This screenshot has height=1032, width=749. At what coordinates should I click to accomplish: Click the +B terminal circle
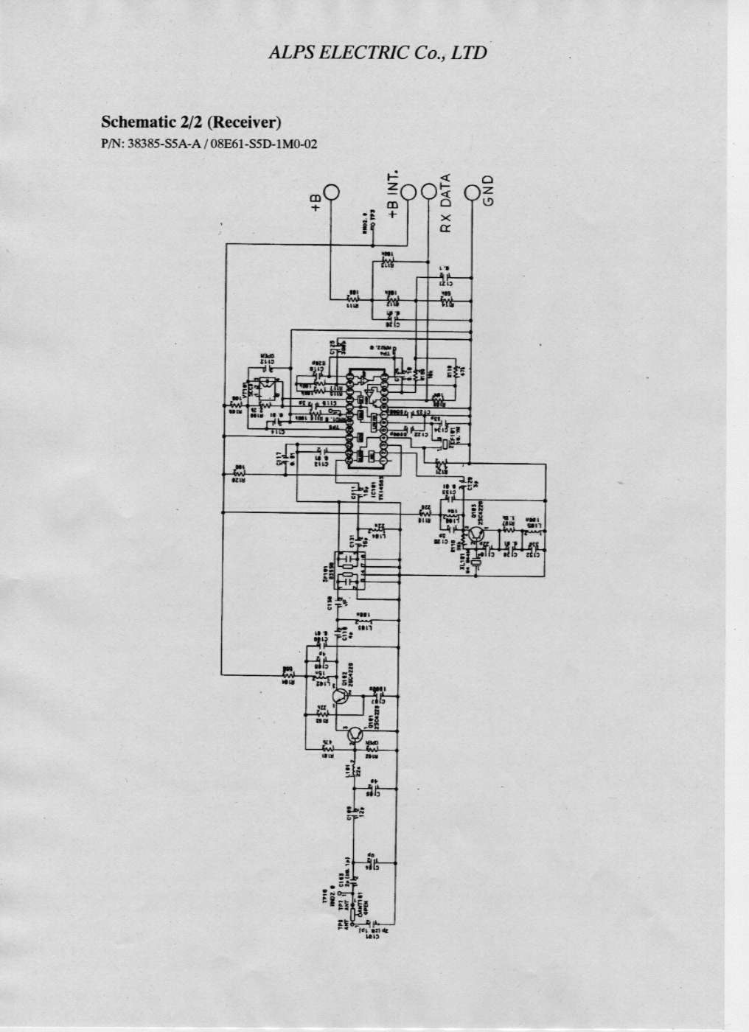click(x=332, y=192)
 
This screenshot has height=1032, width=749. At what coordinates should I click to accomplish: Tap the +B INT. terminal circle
click(x=408, y=192)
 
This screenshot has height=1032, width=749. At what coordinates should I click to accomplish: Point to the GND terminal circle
click(x=473, y=192)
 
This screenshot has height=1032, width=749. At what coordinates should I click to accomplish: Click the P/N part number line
click(x=209, y=144)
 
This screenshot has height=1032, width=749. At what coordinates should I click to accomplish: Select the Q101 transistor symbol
click(x=355, y=734)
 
